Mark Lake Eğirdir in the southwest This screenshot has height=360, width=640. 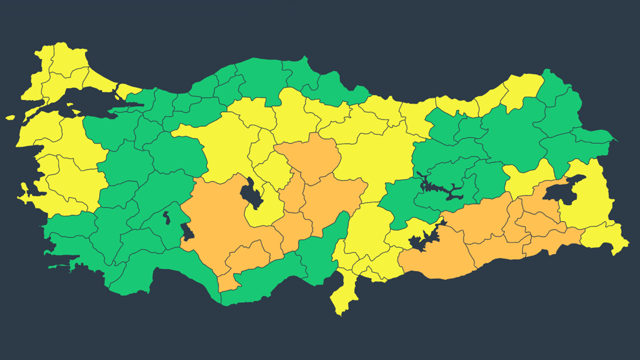coord(166,218)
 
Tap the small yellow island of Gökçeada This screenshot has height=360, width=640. coord(10,118)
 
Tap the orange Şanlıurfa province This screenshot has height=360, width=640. coord(435,260)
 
